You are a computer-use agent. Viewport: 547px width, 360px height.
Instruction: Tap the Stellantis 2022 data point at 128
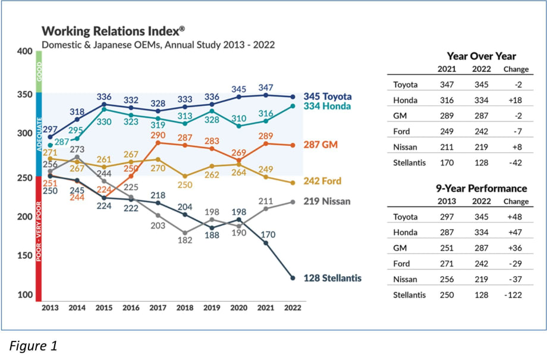pos(292,278)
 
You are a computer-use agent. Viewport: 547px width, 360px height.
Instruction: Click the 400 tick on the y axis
pos(24,52)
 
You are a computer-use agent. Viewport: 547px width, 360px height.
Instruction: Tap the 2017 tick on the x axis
pos(157,308)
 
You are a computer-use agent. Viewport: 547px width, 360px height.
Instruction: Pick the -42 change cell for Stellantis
pos(515,162)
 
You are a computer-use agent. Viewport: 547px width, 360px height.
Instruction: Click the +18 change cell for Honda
pos(515,101)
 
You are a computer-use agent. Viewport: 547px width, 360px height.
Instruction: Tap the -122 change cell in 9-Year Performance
pos(515,295)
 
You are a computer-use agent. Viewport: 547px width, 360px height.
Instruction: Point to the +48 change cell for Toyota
pos(515,217)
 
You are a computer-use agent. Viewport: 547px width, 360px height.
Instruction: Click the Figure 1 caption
pos(33,346)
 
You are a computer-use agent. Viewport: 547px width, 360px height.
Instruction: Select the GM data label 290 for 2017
pos(158,136)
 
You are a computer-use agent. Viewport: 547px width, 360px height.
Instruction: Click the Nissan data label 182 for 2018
pos(185,240)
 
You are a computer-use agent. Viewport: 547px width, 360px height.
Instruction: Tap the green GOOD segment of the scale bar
pos(39,71)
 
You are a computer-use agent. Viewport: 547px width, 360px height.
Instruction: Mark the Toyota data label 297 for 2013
pos(50,130)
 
